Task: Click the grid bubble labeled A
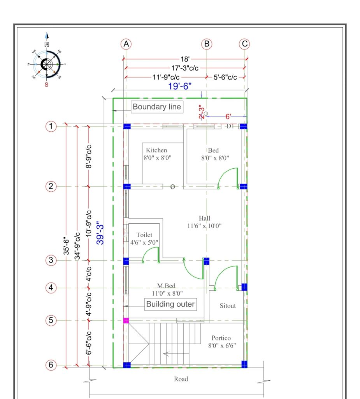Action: pyautogui.click(x=126, y=44)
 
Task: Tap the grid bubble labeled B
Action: pyautogui.click(x=207, y=44)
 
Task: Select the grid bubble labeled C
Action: pyautogui.click(x=244, y=44)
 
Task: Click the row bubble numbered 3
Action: pyautogui.click(x=51, y=260)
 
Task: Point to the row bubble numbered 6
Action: pyautogui.click(x=51, y=365)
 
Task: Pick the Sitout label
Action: pyautogui.click(x=228, y=305)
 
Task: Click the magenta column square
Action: pyautogui.click(x=126, y=320)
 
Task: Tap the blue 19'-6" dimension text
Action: pyautogui.click(x=180, y=86)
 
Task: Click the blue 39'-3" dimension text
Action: pyautogui.click(x=100, y=233)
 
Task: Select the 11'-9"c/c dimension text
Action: pyautogui.click(x=166, y=77)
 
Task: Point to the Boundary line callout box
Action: pyautogui.click(x=157, y=107)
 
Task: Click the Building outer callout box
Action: pyautogui.click(x=170, y=304)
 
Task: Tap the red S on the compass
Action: pyautogui.click(x=47, y=85)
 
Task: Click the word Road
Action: pyautogui.click(x=181, y=379)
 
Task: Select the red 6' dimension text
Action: pyautogui.click(x=228, y=117)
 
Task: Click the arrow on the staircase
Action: pyautogui.click(x=176, y=354)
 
